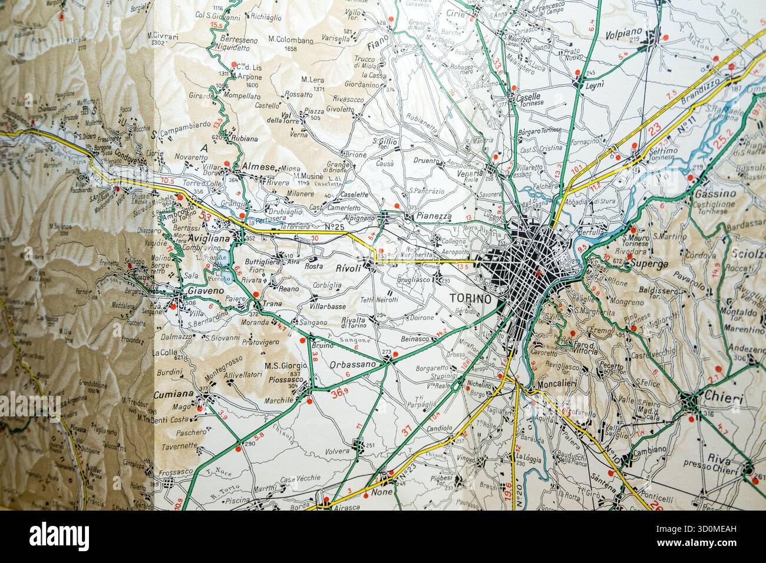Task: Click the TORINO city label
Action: coord(470,299)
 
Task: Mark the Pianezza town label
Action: coord(434,217)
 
